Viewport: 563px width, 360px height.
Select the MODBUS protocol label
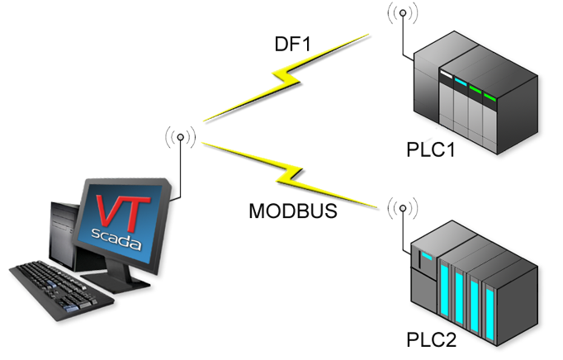pos(293,211)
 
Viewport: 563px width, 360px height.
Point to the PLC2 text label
pos(431,340)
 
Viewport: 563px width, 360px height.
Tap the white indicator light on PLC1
pos(446,77)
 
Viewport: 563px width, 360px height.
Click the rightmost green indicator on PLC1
pos(490,99)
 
